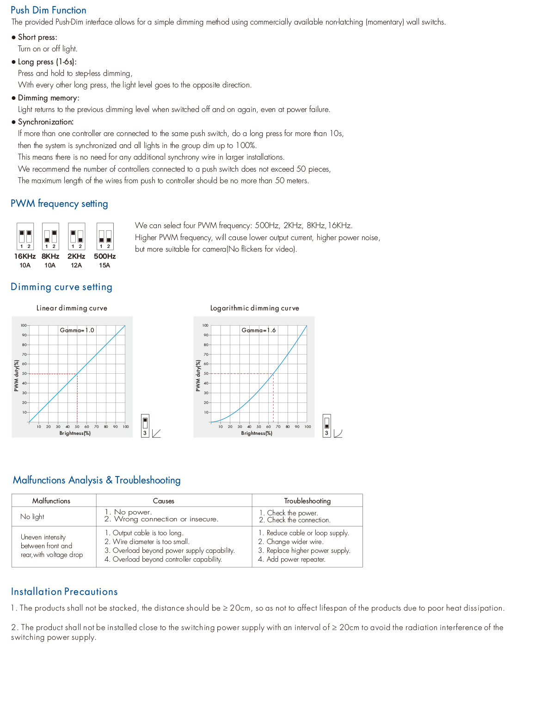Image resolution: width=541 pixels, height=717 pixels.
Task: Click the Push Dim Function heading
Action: point(48,10)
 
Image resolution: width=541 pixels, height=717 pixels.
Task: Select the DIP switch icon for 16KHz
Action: point(25,236)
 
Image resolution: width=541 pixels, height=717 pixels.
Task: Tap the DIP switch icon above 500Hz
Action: point(105,236)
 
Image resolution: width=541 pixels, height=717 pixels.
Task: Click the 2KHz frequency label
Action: point(76,256)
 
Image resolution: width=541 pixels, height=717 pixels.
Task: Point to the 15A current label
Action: point(105,266)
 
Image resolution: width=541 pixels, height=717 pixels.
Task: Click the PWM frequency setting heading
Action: point(59,204)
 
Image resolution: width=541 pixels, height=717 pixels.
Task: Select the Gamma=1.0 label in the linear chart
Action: point(77,330)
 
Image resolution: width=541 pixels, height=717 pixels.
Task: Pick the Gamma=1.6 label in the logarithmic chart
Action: point(258,330)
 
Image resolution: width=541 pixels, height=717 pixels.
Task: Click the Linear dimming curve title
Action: point(72,308)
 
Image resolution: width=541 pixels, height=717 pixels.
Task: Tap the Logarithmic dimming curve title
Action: point(254,308)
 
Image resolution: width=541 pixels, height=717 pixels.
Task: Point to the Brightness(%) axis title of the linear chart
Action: point(75,433)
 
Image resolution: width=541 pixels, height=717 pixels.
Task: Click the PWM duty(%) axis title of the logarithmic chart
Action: point(198,376)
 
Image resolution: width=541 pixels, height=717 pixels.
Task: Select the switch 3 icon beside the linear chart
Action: point(145,426)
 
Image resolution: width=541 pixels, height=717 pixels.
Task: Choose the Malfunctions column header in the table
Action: point(51,501)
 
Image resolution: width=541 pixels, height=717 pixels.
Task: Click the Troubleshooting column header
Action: point(307,501)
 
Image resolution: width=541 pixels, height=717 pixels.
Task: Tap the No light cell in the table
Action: point(32,517)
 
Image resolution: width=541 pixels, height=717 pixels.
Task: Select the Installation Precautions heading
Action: point(64,592)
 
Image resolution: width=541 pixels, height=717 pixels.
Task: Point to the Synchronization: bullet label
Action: point(45,122)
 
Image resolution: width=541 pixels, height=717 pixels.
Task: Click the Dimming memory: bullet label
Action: point(48,98)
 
